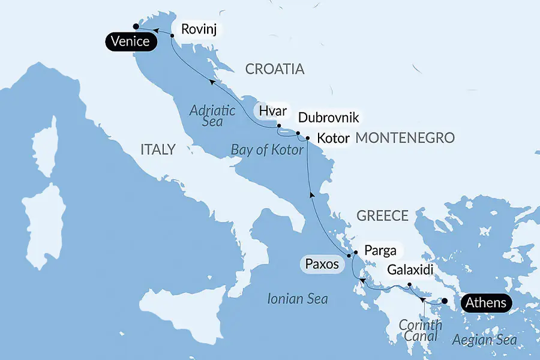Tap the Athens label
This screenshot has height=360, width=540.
(x=486, y=302)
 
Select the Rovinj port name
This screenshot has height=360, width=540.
(x=198, y=29)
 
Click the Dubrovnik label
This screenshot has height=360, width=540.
(x=328, y=118)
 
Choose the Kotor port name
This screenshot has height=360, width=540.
(x=333, y=139)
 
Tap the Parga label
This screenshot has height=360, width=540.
(x=379, y=251)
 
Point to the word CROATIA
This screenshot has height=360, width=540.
(x=275, y=69)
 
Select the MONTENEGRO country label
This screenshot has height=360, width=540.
(x=405, y=139)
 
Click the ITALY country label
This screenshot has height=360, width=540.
(x=158, y=149)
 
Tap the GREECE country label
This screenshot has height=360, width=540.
(x=382, y=215)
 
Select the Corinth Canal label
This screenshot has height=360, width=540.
(x=420, y=332)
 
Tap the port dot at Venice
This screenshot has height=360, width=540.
(x=136, y=26)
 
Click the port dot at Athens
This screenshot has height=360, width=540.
(x=445, y=302)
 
